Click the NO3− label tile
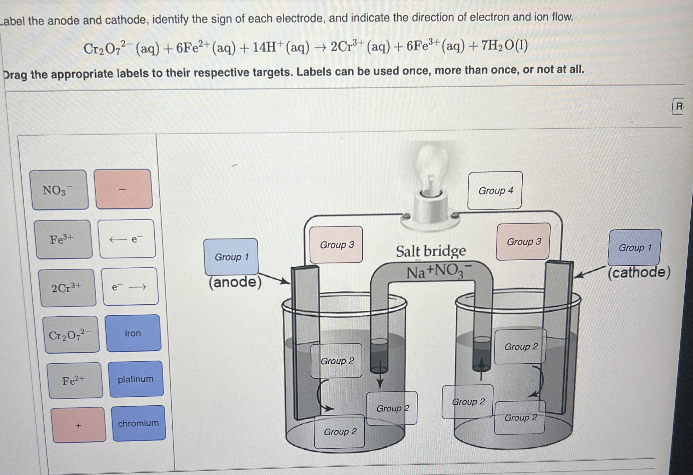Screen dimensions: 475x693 (x=59, y=190)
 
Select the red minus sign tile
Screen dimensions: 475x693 (x=124, y=189)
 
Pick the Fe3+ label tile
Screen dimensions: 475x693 (x=63, y=239)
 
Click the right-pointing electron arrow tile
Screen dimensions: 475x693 (x=130, y=286)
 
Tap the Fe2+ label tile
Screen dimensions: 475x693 (x=74, y=381)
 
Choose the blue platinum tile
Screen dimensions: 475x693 (x=136, y=379)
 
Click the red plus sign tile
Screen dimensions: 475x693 (x=78, y=425)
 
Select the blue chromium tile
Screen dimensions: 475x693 (x=139, y=423)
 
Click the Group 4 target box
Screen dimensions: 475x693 (x=495, y=191)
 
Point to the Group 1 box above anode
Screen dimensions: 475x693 (x=231, y=257)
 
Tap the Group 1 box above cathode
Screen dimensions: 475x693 (x=634, y=248)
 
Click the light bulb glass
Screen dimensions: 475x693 (x=432, y=167)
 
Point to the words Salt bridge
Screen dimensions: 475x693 (x=430, y=251)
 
